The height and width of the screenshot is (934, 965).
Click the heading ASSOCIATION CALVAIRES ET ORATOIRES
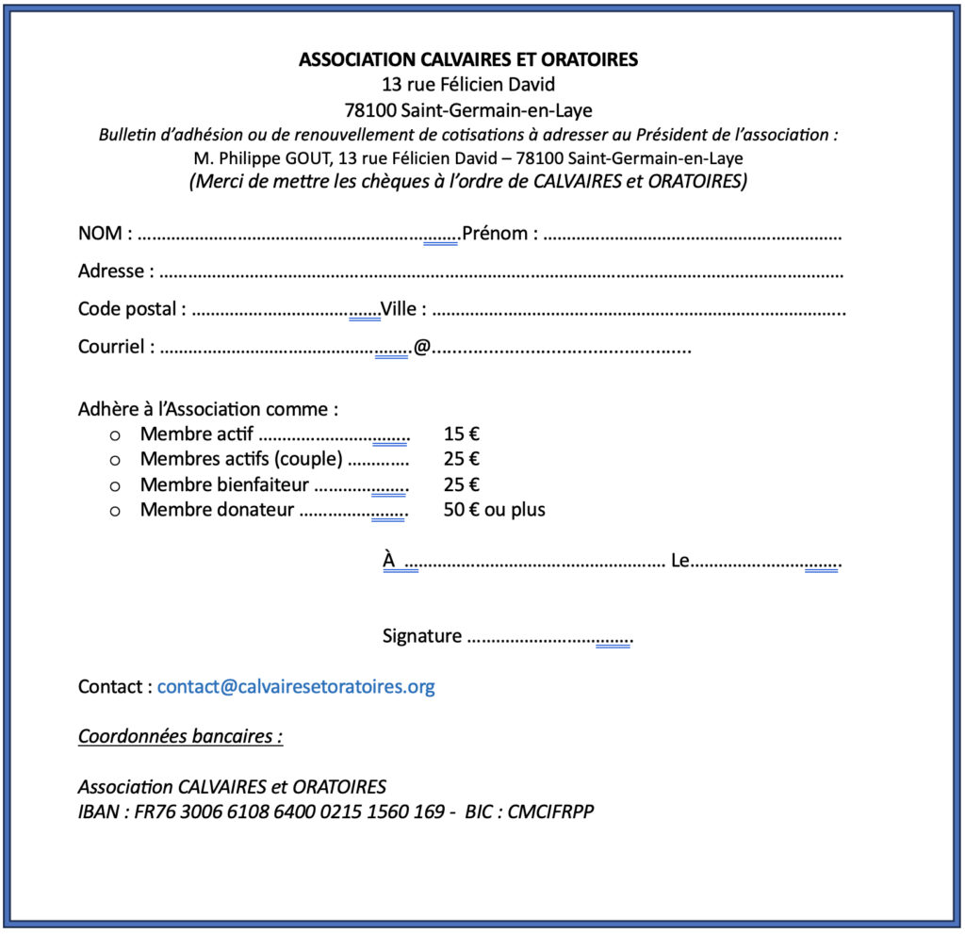tap(468, 59)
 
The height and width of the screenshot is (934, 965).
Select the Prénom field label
tap(496, 234)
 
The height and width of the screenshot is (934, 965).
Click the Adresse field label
tap(111, 271)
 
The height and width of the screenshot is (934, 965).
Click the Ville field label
tap(400, 309)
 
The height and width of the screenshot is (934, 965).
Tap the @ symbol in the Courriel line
tap(422, 347)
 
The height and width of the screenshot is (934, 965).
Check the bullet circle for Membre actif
tap(116, 435)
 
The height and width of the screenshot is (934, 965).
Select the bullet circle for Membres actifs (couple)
tap(116, 460)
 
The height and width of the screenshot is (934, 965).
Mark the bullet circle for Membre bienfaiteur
tap(116, 485)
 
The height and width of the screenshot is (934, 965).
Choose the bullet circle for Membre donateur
tap(116, 511)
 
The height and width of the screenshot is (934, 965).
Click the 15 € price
tap(462, 434)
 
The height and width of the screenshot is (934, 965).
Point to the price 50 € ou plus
tap(494, 510)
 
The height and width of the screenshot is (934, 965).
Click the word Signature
tap(422, 636)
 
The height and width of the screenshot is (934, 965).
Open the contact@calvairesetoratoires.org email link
tap(296, 686)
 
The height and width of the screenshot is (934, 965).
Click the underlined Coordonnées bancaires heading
tap(180, 736)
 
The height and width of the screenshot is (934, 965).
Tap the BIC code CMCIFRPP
tap(551, 811)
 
